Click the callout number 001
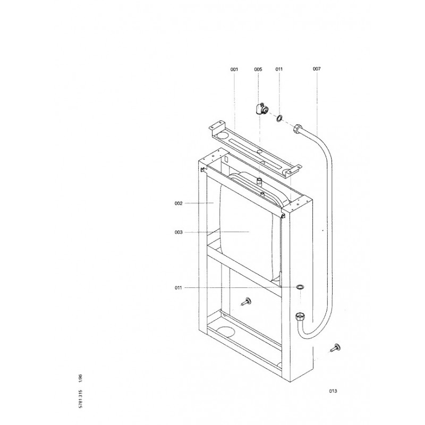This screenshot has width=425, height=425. (234, 70)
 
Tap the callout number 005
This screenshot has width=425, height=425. (258, 70)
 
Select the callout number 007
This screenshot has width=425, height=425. (317, 69)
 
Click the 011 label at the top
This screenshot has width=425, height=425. (279, 69)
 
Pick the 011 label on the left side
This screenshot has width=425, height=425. (178, 288)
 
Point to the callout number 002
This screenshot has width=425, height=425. (178, 203)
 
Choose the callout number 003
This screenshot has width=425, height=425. (178, 232)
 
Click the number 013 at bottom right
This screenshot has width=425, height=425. (333, 391)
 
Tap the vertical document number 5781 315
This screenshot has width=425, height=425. (80, 399)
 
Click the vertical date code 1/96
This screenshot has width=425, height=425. (80, 378)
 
